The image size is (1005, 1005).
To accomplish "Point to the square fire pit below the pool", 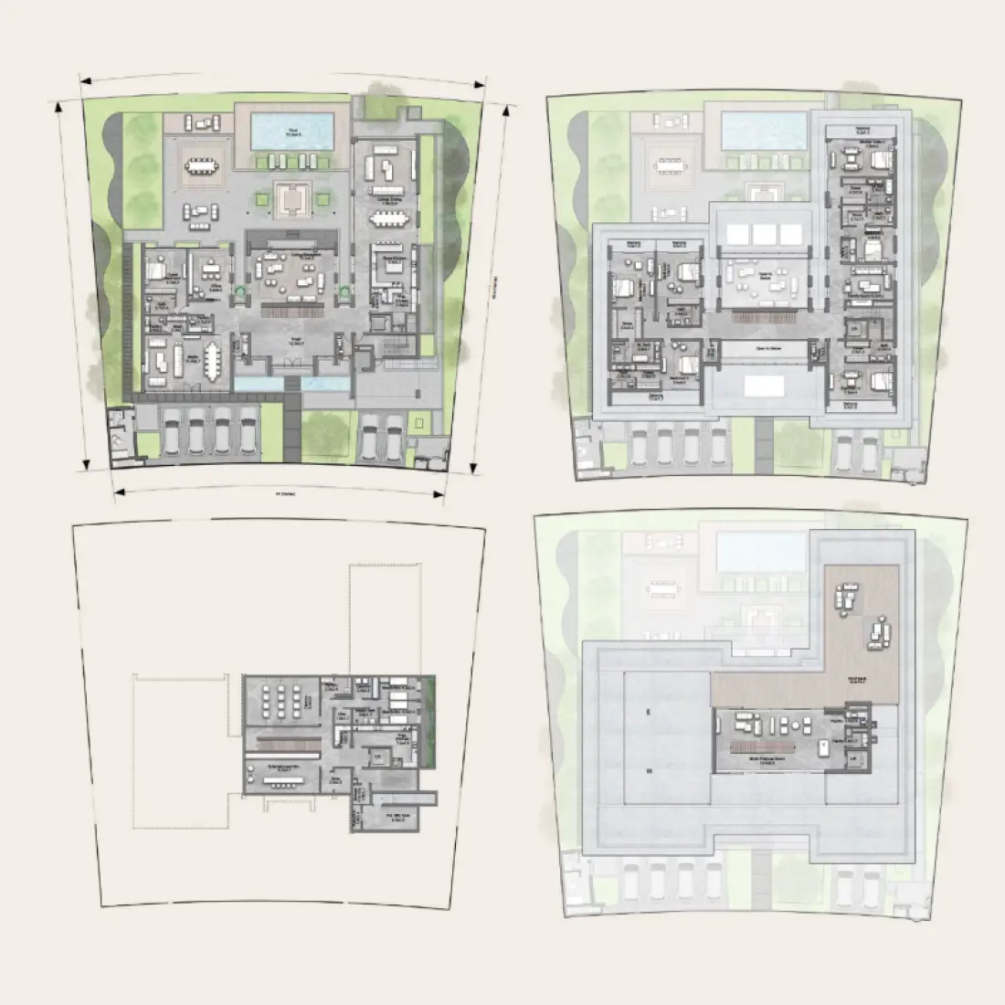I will (292, 196).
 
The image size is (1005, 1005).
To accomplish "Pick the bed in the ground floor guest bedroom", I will (153, 271).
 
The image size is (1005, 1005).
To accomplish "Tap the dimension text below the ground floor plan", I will (278, 494).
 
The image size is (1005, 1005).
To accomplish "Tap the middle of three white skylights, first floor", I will (762, 233).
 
